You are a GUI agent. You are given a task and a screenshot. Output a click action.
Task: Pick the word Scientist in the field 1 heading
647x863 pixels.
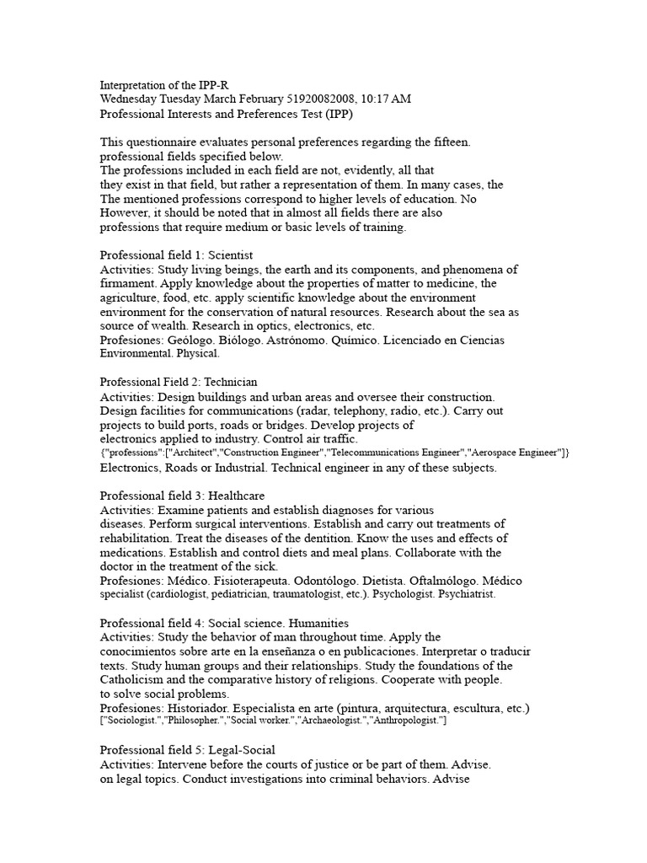227,255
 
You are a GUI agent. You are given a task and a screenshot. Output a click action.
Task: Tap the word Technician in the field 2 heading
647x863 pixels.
229,382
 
